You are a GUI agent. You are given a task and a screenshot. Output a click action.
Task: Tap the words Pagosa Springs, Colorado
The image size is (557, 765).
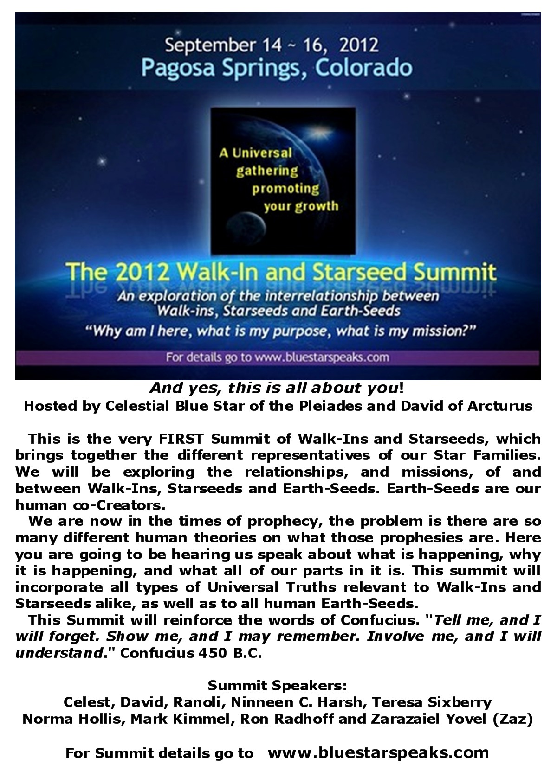[x=277, y=68]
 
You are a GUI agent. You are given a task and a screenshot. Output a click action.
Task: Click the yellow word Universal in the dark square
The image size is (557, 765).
[x=262, y=153]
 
